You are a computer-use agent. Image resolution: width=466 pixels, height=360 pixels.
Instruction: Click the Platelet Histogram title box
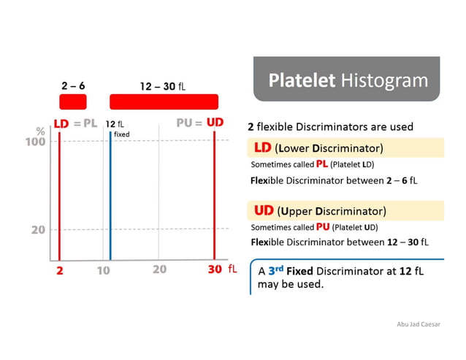(347, 80)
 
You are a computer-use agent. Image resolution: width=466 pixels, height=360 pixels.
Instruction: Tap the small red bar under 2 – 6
(72, 102)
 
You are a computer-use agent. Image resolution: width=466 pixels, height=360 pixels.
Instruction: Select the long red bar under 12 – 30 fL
(164, 102)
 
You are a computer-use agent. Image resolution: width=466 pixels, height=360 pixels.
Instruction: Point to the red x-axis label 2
(60, 269)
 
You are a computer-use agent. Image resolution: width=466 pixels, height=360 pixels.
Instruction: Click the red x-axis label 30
(214, 269)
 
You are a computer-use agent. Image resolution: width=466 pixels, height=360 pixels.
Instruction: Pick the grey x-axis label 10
(103, 269)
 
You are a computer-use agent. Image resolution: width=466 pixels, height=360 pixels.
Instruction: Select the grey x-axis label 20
(159, 269)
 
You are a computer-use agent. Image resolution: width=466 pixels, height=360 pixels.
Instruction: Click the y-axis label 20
(38, 230)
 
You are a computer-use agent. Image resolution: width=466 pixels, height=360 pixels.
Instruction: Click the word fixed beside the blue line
(122, 134)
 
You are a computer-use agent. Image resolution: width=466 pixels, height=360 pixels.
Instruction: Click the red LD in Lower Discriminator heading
(262, 148)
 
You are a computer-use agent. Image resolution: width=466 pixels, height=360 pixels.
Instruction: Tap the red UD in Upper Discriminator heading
(264, 212)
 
